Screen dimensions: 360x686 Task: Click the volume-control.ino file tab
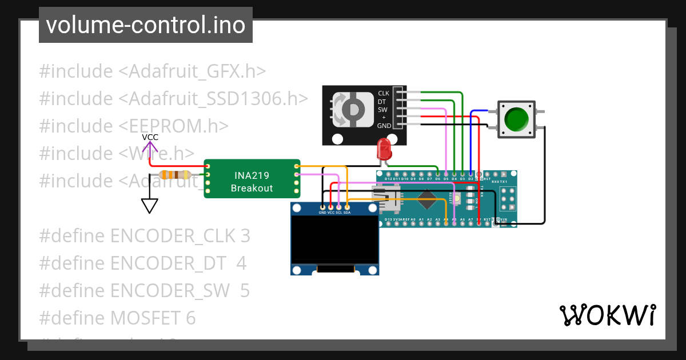tap(145, 25)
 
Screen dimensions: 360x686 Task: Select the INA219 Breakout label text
tap(252, 181)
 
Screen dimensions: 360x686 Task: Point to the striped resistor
tap(175, 175)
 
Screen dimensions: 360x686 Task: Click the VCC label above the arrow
tap(150, 137)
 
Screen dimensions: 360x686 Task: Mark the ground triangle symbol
tap(150, 205)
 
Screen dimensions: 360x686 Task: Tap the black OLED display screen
tap(334, 239)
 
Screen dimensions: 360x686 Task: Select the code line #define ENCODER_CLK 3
tap(145, 236)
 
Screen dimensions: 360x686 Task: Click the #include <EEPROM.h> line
tap(134, 126)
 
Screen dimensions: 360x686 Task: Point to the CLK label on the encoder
tap(384, 93)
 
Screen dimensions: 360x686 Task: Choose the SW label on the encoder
tap(382, 109)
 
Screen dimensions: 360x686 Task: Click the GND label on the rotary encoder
tap(384, 126)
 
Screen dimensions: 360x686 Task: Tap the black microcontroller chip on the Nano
tap(428, 200)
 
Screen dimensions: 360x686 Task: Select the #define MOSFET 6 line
tap(117, 318)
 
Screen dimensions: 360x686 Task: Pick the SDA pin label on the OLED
tap(346, 213)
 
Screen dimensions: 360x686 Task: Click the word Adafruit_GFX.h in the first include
tap(197, 71)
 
